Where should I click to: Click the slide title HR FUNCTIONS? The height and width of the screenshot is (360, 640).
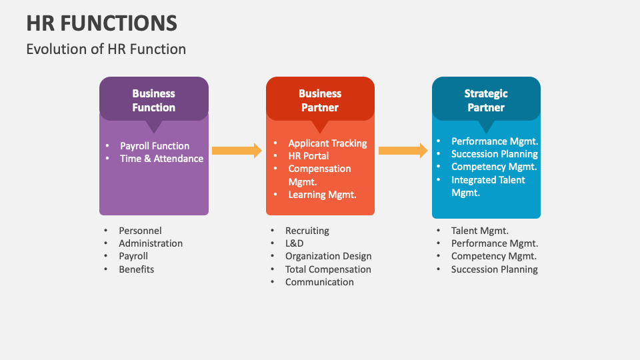click(101, 23)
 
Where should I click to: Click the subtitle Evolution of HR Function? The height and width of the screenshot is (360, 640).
click(106, 49)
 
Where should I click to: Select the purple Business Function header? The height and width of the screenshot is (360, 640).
click(153, 100)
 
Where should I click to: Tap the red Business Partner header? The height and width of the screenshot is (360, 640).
click(320, 100)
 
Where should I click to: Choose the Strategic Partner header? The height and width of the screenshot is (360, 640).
click(486, 100)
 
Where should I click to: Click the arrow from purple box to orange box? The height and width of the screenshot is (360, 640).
click(237, 151)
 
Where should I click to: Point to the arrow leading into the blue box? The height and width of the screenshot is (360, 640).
click(403, 151)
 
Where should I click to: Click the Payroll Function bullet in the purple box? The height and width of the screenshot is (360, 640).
click(155, 146)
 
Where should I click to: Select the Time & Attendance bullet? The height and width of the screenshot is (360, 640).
click(161, 159)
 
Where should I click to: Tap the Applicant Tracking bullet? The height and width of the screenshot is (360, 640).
click(327, 143)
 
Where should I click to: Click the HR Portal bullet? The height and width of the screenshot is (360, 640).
click(308, 156)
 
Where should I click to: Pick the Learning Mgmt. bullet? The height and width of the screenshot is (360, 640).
click(322, 195)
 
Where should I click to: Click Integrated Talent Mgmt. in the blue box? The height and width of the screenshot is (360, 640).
click(488, 186)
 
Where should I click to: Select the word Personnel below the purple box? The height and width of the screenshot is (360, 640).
click(140, 231)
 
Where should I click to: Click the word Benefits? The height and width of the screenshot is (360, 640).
click(136, 269)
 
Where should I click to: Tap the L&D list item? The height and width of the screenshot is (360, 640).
click(294, 243)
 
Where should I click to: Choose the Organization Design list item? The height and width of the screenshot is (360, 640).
click(328, 256)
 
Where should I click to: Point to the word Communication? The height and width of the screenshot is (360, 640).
click(319, 282)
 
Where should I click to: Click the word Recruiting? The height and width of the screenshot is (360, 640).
click(307, 231)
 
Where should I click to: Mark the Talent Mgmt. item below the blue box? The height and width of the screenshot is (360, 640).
click(479, 231)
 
